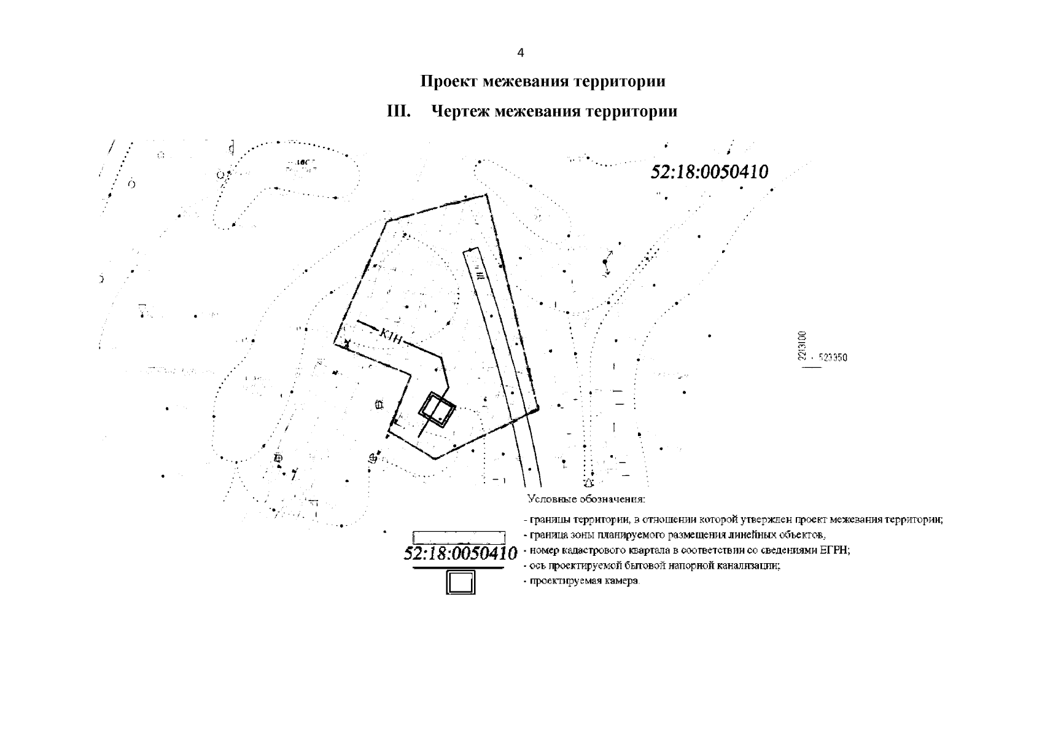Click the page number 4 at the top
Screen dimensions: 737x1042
pyautogui.click(x=521, y=53)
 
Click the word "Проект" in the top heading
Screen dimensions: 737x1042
pyautogui.click(x=449, y=82)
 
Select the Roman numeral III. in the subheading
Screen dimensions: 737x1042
pyautogui.click(x=398, y=112)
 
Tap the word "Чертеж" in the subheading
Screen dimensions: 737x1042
pyautogui.click(x=460, y=112)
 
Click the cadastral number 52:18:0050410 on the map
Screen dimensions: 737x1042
pyautogui.click(x=709, y=172)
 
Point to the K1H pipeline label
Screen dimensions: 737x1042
pyautogui.click(x=391, y=335)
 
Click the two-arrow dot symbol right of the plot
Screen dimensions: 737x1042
pyautogui.click(x=605, y=262)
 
